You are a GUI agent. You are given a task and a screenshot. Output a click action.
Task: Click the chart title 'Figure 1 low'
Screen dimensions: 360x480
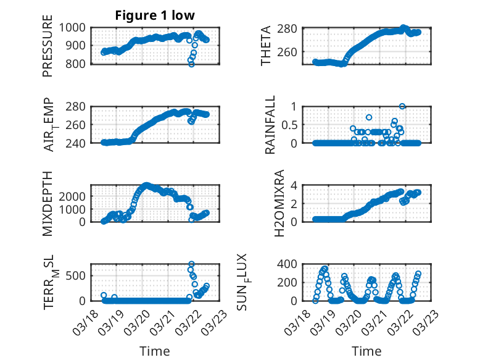coord(155,15)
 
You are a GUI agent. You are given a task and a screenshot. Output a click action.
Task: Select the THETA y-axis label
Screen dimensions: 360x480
coord(266,46)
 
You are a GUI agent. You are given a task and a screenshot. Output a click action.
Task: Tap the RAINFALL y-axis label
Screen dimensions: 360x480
coord(269,125)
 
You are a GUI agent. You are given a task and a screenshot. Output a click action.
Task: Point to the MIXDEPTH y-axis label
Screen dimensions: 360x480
coord(48,203)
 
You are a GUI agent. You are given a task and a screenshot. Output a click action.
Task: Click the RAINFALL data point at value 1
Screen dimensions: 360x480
coord(402,106)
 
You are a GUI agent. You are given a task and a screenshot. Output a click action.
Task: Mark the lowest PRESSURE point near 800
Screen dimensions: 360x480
coord(192,64)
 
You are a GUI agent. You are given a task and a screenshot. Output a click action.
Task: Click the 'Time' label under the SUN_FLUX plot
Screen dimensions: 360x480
coord(366,351)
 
